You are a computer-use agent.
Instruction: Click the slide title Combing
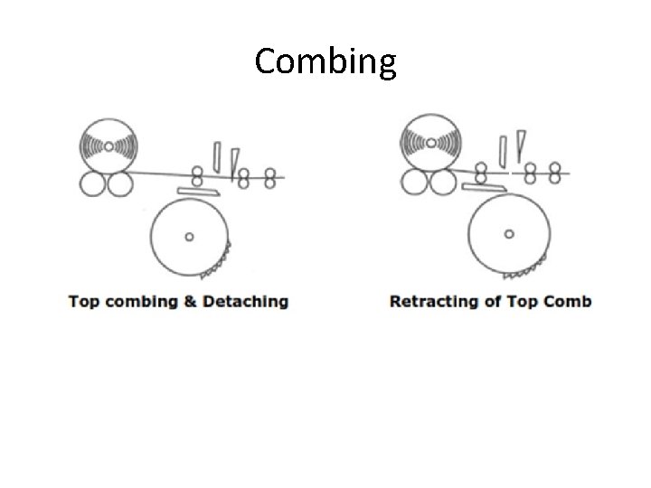click(x=325, y=61)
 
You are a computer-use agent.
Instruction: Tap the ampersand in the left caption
click(x=189, y=302)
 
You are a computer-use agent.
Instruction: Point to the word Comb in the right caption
click(x=571, y=302)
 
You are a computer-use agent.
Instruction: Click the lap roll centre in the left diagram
click(x=108, y=145)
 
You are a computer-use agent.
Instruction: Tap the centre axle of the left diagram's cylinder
click(x=189, y=237)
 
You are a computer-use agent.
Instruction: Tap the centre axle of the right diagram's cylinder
click(x=509, y=233)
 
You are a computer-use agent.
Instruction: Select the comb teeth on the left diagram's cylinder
click(x=217, y=261)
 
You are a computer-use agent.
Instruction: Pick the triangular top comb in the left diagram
click(x=234, y=161)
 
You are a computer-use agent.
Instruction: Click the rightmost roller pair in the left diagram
click(x=269, y=177)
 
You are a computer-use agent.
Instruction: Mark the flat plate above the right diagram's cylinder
click(x=479, y=186)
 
